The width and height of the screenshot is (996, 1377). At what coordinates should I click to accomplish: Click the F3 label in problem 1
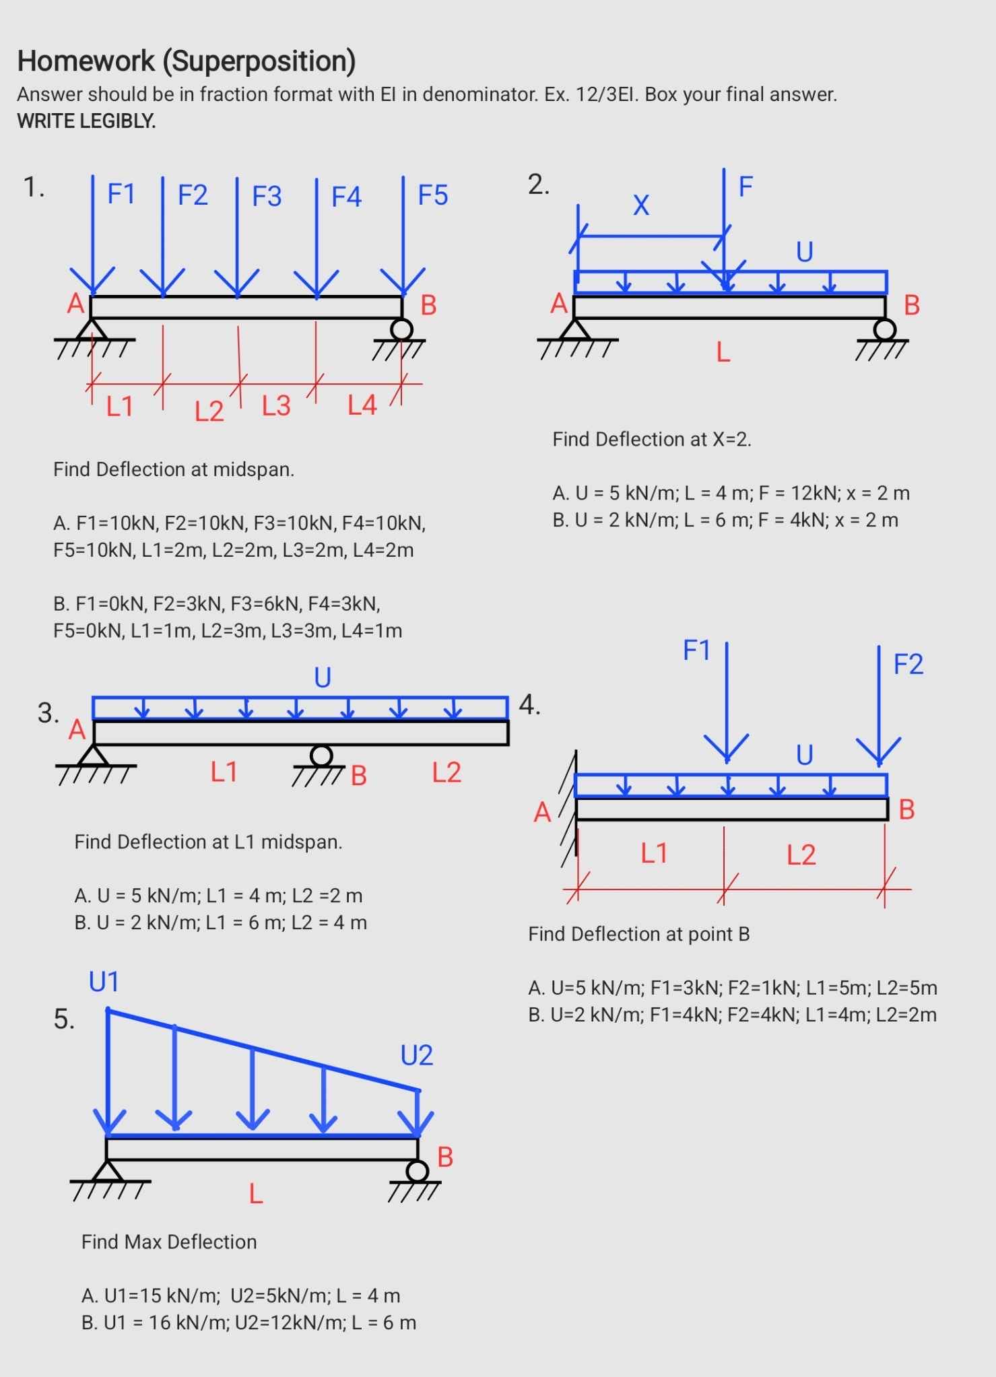267,196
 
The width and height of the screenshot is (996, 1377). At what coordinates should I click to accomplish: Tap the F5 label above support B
432,195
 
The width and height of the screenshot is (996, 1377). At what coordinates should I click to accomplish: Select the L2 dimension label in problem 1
209,411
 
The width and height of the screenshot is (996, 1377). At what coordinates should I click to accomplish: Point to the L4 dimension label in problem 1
362,405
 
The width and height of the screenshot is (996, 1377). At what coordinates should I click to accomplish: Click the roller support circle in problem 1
402,329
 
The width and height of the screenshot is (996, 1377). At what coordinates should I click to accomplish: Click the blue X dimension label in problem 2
641,205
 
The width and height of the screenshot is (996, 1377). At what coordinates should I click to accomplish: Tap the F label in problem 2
745,186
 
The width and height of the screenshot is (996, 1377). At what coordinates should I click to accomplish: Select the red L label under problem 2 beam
723,351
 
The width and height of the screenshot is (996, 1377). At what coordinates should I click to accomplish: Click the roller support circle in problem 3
321,755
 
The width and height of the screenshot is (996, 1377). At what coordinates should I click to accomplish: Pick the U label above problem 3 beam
323,677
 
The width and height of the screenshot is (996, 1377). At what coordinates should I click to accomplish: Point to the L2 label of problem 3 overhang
446,772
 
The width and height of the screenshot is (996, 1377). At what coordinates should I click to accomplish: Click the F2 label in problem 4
908,664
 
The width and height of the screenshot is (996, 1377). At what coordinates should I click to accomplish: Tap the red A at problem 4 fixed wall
543,813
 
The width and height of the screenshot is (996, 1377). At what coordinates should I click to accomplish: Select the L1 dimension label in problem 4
653,853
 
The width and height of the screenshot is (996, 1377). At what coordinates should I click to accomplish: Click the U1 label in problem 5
104,982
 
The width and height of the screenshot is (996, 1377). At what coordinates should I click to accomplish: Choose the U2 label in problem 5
416,1055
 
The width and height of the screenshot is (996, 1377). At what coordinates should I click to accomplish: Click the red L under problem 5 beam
256,1194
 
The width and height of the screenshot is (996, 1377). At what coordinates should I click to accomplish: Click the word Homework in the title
86,61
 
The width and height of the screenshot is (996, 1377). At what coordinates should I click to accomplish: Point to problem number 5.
64,1019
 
